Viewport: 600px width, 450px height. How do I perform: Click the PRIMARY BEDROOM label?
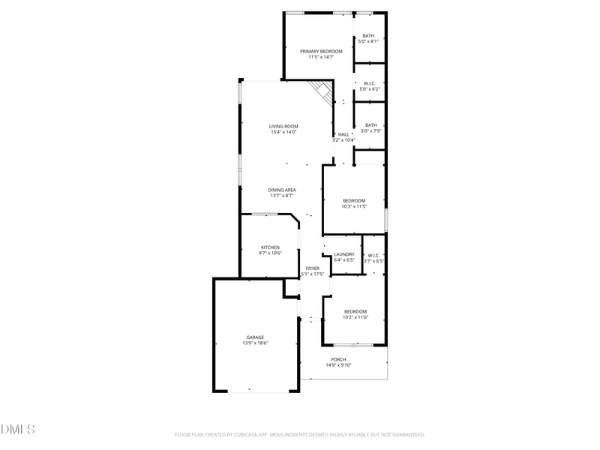click(321, 51)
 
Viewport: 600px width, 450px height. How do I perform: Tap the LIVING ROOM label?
click(284, 126)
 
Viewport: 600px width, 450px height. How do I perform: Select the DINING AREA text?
click(282, 190)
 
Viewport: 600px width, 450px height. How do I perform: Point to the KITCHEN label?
click(270, 247)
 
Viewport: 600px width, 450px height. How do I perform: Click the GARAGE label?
click(255, 337)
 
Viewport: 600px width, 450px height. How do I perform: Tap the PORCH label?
click(338, 359)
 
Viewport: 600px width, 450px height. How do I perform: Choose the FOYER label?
click(313, 268)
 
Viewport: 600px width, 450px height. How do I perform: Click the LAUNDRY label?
click(344, 254)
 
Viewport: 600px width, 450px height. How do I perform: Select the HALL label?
click(343, 134)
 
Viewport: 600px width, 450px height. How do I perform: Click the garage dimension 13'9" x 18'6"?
click(255, 343)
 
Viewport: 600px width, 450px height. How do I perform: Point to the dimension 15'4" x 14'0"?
click(284, 132)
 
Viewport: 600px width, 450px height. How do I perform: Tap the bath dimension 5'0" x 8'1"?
click(368, 41)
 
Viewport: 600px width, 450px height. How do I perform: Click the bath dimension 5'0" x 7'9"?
click(371, 131)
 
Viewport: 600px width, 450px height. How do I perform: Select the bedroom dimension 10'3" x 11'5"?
click(354, 206)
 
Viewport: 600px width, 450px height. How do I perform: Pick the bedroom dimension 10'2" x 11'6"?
click(355, 317)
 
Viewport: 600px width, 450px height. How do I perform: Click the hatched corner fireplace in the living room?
click(324, 92)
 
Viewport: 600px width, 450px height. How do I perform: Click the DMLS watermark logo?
click(17, 430)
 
